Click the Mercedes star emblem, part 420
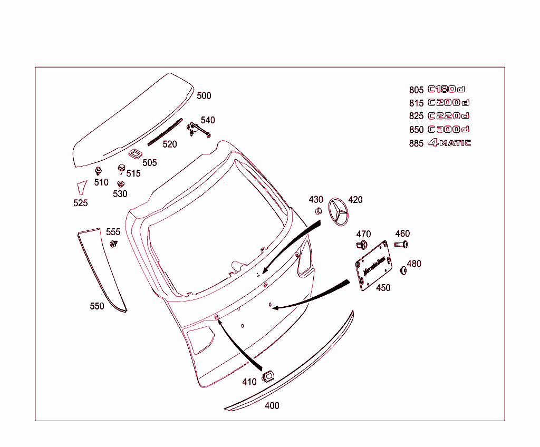(x=339, y=213)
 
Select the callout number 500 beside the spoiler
(x=204, y=95)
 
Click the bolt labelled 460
(x=401, y=244)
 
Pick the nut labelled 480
(x=404, y=270)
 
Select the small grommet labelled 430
(x=319, y=211)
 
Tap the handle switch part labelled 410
(x=267, y=375)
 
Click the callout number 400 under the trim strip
(x=272, y=405)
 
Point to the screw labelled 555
(x=113, y=244)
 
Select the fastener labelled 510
(x=98, y=171)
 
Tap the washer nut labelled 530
(x=120, y=184)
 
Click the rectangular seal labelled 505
(x=135, y=153)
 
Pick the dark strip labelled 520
(x=165, y=131)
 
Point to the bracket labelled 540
(x=198, y=129)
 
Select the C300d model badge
(x=448, y=129)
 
